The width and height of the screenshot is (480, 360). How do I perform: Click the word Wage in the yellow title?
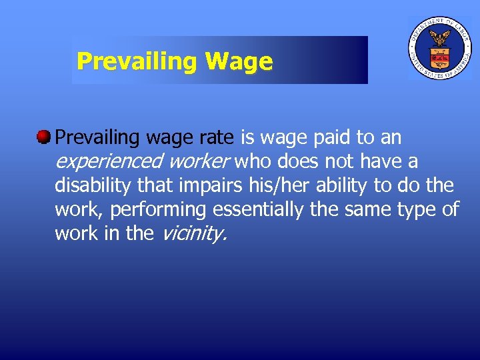tap(239, 62)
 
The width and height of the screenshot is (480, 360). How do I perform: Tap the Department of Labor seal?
tap(439, 48)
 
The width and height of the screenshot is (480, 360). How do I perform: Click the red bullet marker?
tap(44, 137)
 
